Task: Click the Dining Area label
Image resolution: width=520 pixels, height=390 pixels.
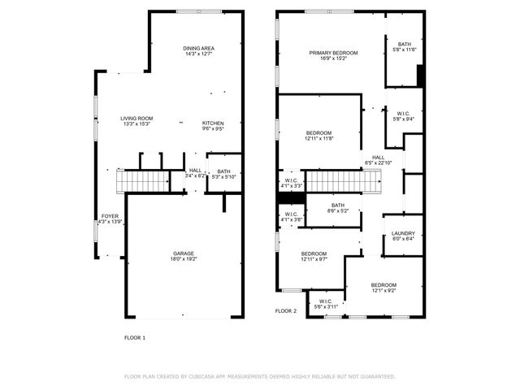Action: point(198,49)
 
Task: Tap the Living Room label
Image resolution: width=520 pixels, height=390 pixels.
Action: point(137,119)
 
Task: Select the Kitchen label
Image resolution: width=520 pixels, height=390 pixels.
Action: point(213,123)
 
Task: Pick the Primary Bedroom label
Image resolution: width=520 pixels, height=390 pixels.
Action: point(333,53)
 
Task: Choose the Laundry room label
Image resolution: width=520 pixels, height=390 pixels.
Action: point(403,233)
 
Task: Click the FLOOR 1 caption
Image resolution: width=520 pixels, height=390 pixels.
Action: point(134,337)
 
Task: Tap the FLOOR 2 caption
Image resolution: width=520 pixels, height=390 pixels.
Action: point(286,310)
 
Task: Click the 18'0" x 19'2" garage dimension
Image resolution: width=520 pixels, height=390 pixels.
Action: point(184,259)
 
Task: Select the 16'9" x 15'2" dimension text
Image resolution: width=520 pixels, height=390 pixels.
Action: point(333,58)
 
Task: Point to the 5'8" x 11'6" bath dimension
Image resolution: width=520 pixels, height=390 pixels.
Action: point(404,50)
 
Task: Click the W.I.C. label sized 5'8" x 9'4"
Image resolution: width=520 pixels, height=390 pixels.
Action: point(404,114)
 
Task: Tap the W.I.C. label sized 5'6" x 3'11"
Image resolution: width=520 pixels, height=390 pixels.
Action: point(326,301)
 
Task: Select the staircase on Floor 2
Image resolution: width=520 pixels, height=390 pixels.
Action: point(342,181)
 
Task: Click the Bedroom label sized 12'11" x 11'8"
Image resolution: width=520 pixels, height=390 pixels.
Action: point(318,132)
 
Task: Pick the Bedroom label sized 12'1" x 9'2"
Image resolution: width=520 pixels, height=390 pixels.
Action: point(383,285)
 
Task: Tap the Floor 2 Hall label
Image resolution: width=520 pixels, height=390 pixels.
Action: point(379,157)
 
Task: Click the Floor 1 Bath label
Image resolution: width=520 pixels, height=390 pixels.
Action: point(223,171)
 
